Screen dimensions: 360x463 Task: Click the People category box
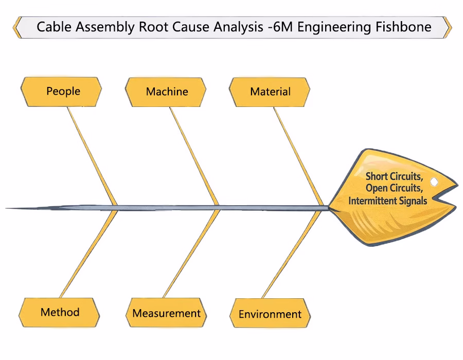pos(62,92)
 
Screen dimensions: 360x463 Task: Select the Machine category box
pos(166,92)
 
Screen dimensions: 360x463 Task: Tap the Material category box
pos(270,92)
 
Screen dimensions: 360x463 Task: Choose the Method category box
pos(60,312)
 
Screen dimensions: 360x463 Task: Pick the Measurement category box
pos(166,313)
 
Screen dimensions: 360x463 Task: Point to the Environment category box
pos(270,314)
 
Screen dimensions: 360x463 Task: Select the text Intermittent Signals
pos(387,201)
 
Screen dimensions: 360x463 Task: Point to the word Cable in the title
pos(54,27)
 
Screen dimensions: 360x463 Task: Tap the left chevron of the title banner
pos(17,27)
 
